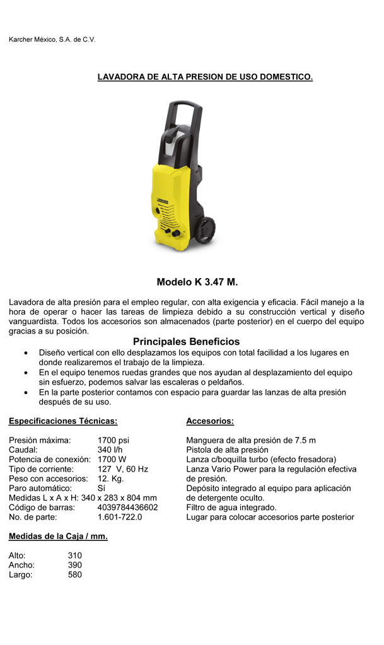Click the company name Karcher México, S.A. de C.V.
(x=52, y=40)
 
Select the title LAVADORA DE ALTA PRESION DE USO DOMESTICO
(x=205, y=77)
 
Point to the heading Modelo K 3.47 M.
(x=197, y=282)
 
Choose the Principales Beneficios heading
(x=186, y=342)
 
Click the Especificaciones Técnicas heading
(x=63, y=421)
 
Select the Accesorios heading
(x=210, y=421)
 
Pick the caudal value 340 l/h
(x=110, y=450)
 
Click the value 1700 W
(x=112, y=459)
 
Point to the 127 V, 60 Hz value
(x=122, y=469)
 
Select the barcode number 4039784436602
(x=128, y=507)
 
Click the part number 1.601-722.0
(x=120, y=517)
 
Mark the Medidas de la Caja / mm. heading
(x=58, y=537)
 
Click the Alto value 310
(x=75, y=555)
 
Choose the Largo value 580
(x=75, y=574)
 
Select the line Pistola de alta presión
(x=227, y=450)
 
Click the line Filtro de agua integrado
(x=231, y=507)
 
